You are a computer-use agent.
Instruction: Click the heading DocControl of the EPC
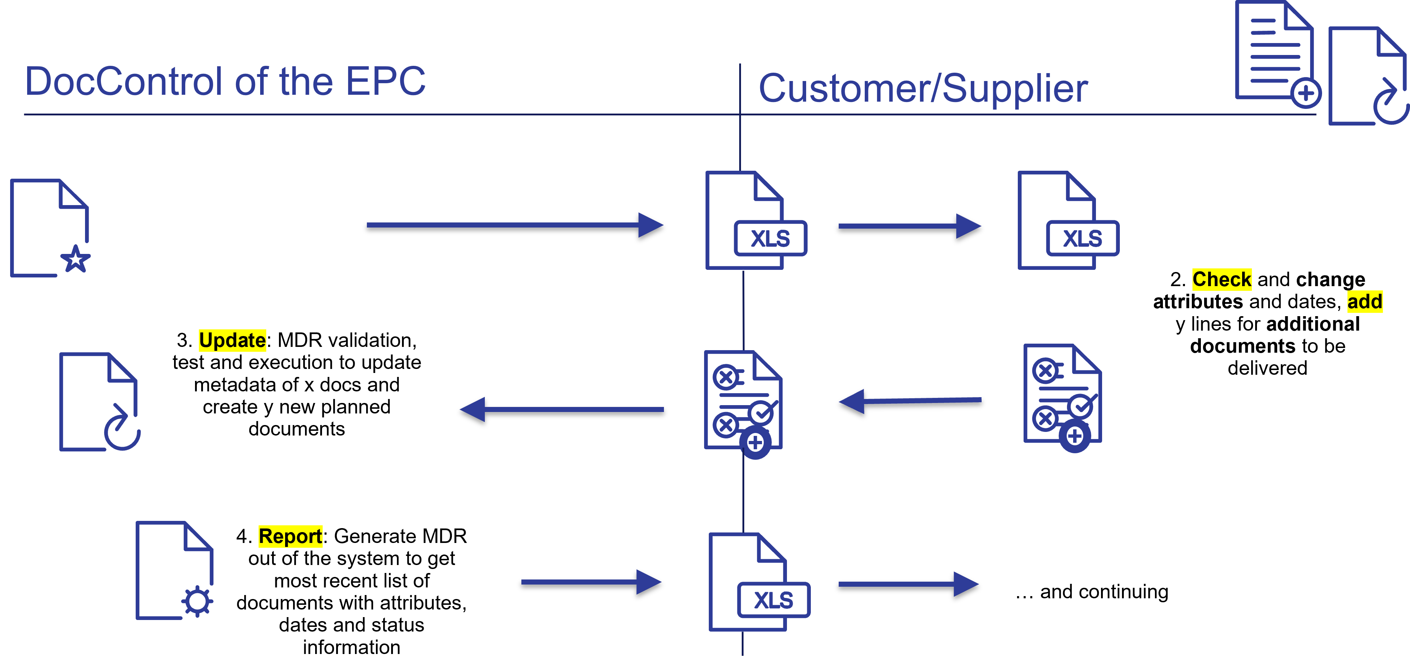tap(225, 81)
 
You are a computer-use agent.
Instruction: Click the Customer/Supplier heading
tap(923, 88)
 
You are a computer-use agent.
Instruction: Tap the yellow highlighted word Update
tap(232, 340)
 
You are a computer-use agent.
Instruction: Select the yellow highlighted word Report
tap(290, 536)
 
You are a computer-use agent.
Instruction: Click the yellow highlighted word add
tap(1364, 302)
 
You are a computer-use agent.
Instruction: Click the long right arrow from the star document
tap(515, 225)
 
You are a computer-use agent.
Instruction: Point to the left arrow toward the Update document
tap(562, 409)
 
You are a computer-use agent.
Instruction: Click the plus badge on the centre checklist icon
tap(755, 442)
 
